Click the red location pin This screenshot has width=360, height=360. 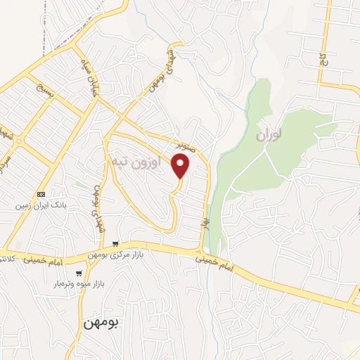point(181,166)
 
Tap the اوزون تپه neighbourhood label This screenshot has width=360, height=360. point(136,162)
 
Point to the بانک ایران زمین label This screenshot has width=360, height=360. point(41,206)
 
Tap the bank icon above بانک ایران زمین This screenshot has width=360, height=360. point(41,194)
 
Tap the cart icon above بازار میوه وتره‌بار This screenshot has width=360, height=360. point(79,274)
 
